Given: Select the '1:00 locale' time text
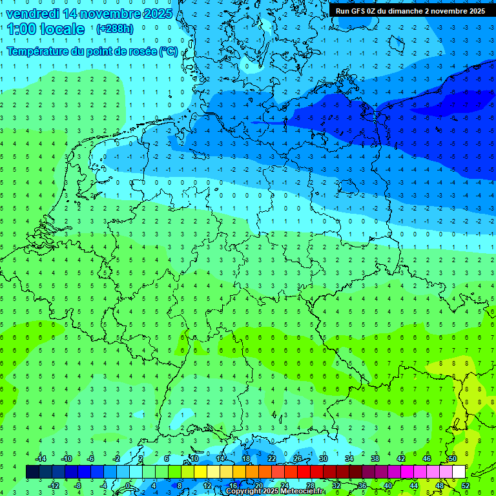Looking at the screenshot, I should pyautogui.click(x=46, y=29).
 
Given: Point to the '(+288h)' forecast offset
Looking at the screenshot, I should pyautogui.click(x=115, y=29).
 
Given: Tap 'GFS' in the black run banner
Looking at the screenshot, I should pyautogui.click(x=359, y=11).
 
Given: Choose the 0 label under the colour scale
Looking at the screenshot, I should pyautogui.click(x=128, y=486).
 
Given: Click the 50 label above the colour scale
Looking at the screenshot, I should pyautogui.click(x=452, y=459).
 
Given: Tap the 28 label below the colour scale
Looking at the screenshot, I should pyautogui.click(x=311, y=486).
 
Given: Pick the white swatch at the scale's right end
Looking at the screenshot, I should pyautogui.click(x=459, y=472).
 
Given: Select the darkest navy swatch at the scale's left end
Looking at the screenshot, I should pyautogui.click(x=32, y=472).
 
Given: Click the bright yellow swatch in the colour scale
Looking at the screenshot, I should pyautogui.click(x=200, y=472).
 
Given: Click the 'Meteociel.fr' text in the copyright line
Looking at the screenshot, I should pyautogui.click(x=303, y=491).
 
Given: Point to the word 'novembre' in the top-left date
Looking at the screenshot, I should pyautogui.click(x=102, y=14).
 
